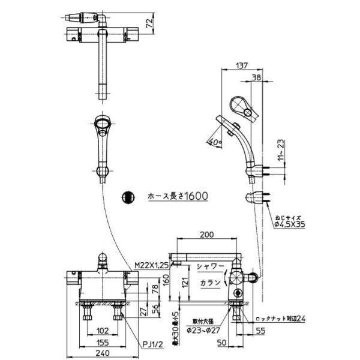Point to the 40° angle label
coord(213,142)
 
